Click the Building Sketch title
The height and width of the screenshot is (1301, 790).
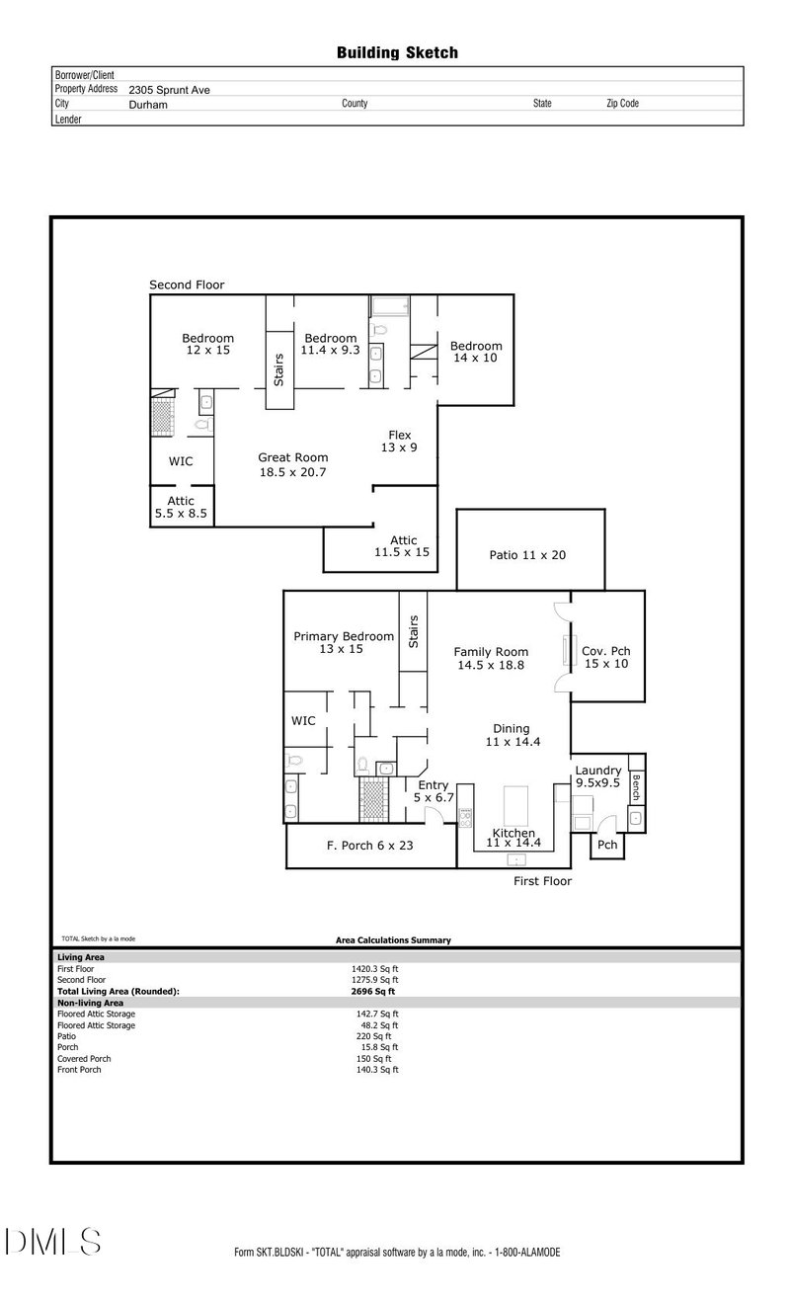click(x=397, y=53)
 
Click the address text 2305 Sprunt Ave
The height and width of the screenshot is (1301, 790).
click(x=169, y=90)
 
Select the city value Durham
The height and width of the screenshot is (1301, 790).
click(x=148, y=105)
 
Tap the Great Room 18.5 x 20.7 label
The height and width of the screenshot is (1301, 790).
click(x=293, y=465)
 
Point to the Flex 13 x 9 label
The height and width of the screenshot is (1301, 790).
click(x=399, y=442)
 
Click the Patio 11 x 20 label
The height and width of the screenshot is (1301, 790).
click(x=527, y=555)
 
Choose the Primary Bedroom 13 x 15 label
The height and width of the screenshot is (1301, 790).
click(x=343, y=642)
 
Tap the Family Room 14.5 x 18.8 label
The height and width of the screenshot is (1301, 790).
click(x=491, y=659)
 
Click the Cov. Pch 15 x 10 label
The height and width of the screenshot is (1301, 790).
click(x=606, y=658)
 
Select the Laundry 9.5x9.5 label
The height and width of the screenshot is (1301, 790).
click(x=597, y=776)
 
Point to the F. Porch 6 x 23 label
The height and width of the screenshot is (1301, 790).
click(x=369, y=846)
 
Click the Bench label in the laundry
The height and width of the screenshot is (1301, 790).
click(x=636, y=787)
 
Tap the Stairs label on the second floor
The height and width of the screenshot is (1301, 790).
click(x=278, y=370)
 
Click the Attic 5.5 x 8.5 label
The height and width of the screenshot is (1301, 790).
click(x=181, y=507)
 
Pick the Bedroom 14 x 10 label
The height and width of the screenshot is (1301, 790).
click(x=476, y=352)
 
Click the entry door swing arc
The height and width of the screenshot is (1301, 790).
click(x=434, y=814)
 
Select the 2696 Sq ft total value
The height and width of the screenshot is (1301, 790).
click(x=372, y=992)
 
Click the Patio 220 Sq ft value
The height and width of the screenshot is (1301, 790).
click(x=374, y=1036)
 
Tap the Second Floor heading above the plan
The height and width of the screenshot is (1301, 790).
click(x=187, y=285)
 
